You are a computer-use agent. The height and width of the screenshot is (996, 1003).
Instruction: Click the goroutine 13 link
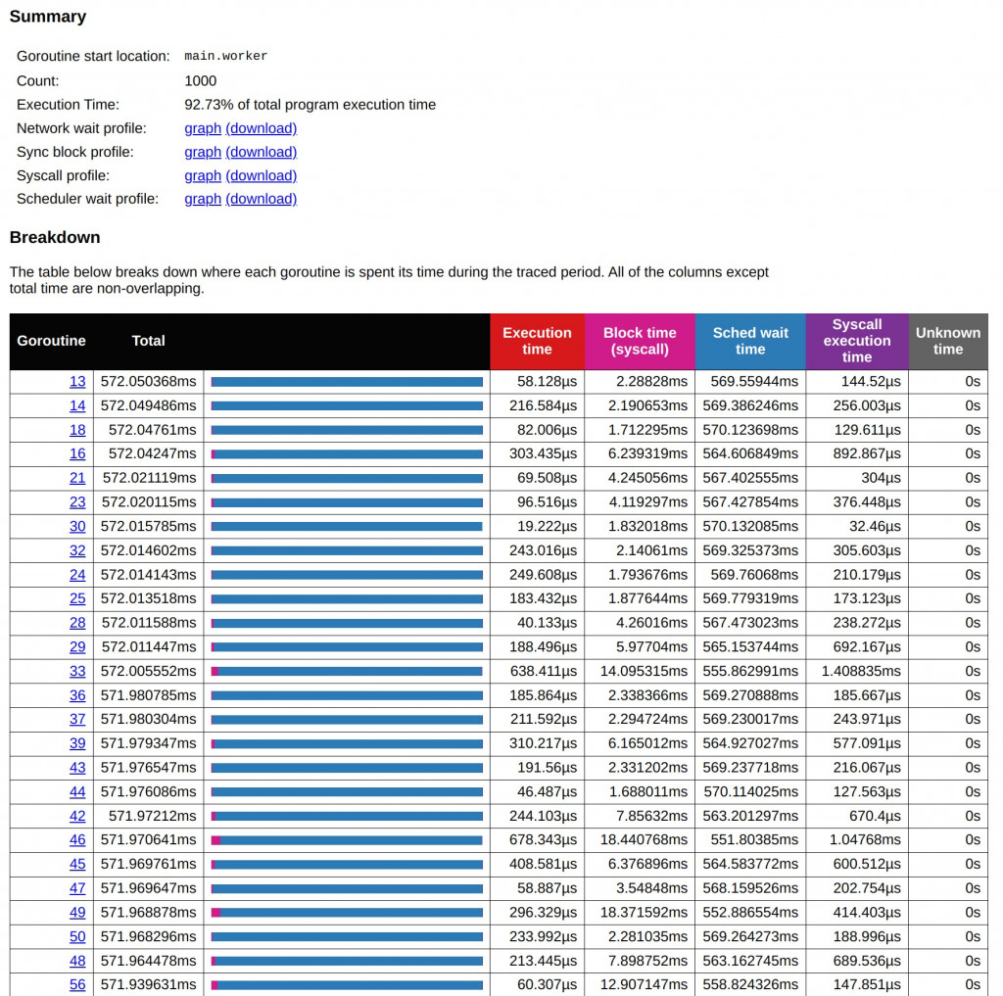pos(77,382)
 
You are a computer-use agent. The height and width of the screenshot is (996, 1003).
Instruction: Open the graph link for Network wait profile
pos(203,128)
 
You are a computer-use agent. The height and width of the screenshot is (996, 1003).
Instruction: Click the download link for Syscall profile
pos(261,175)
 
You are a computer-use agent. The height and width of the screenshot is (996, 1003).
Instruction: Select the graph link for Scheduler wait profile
pos(203,199)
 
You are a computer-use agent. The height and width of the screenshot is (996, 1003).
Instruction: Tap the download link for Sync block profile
pos(261,152)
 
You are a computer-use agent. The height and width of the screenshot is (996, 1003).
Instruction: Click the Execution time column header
pos(537,341)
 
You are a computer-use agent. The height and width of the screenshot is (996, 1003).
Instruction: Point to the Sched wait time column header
pos(750,341)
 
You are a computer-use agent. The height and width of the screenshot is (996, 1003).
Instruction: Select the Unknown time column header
pos(947,341)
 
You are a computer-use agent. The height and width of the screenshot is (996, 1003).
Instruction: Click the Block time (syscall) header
pos(640,341)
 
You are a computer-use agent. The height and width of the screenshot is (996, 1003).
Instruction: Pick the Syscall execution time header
pos(856,341)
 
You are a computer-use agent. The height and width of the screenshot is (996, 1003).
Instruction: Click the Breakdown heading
pos(55,237)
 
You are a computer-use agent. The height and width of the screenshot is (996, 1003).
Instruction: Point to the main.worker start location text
pos(225,57)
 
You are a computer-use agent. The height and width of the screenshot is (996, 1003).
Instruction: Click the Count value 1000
pos(201,81)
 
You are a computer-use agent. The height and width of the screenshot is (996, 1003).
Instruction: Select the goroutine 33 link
pos(77,671)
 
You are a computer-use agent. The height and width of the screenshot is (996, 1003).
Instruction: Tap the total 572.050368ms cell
pos(148,382)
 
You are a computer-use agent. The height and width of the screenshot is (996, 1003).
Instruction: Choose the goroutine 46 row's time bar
pos(347,840)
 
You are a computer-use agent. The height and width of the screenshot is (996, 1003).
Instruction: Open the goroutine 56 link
pos(77,984)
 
